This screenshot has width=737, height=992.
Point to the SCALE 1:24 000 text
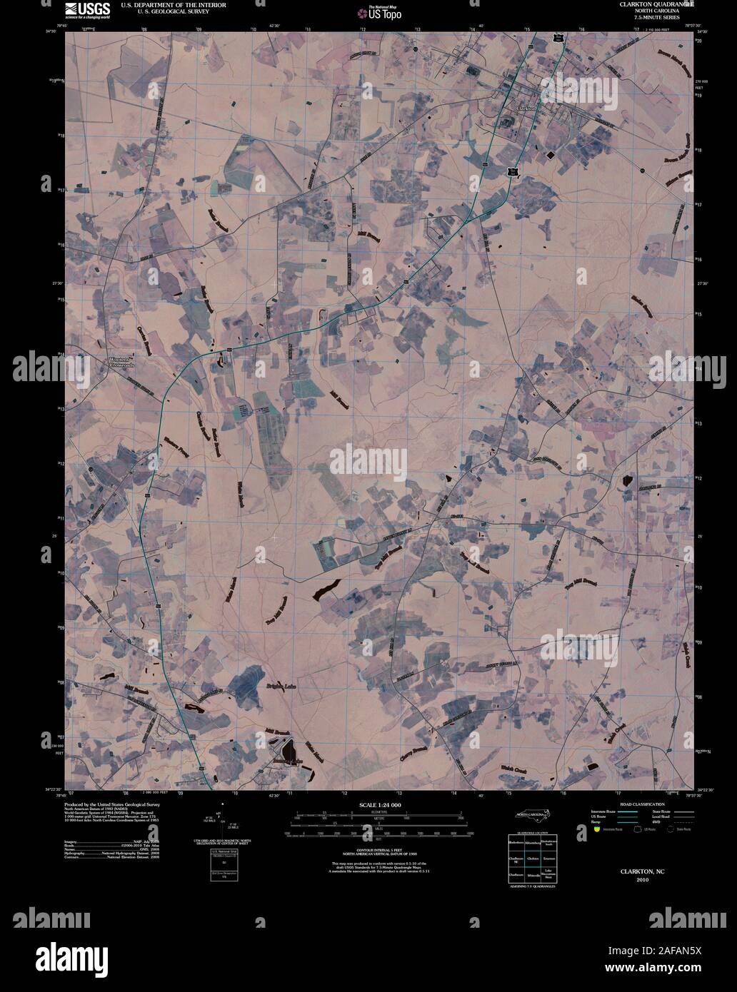(x=376, y=806)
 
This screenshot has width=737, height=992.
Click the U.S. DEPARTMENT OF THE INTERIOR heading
(x=164, y=4)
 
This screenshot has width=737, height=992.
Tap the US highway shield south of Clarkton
(x=512, y=172)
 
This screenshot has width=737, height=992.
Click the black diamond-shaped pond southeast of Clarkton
(x=551, y=154)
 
